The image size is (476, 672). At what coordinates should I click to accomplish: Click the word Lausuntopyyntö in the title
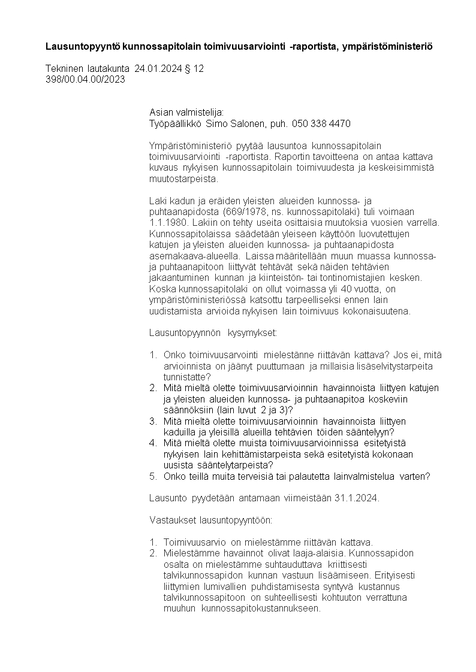[83, 46]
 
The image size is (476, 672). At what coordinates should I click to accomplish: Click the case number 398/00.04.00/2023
[85, 80]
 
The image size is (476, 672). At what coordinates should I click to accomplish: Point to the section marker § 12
[194, 69]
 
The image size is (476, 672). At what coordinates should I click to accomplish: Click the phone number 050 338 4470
[321, 124]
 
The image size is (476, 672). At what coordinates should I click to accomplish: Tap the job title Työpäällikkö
[176, 124]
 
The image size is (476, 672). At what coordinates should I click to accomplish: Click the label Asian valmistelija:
[186, 113]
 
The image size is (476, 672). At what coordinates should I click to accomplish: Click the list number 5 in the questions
[153, 477]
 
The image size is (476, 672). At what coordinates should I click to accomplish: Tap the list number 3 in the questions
[153, 422]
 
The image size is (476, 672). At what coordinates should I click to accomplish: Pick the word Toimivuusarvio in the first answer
[192, 542]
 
